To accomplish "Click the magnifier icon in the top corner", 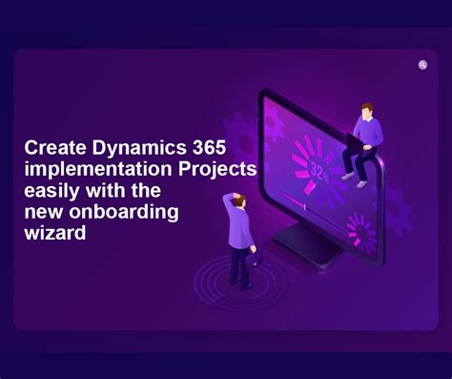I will click(x=422, y=65).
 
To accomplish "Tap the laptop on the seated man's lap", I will click(x=355, y=143).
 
